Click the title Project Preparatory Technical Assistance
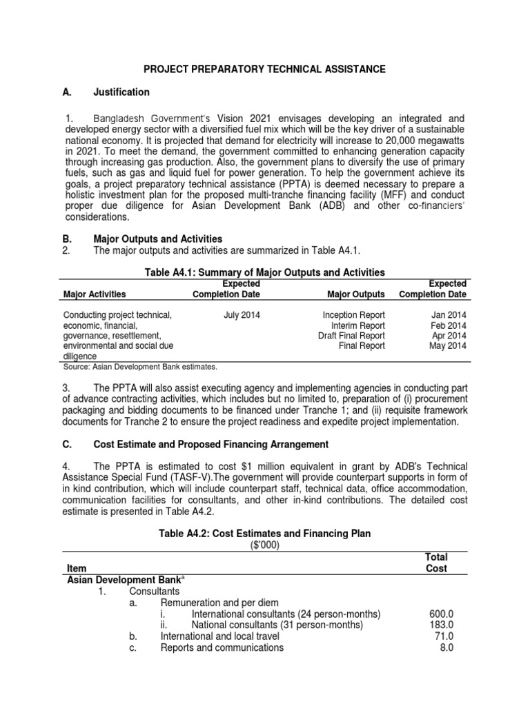point(264,70)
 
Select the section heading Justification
point(121,92)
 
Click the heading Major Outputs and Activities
point(158,239)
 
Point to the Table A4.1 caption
point(264,273)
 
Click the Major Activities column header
point(95,294)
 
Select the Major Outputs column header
point(357,294)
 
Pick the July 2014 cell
point(242,315)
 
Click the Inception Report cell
point(353,315)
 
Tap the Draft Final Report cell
point(351,336)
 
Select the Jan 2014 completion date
point(449,315)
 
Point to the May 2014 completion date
point(448,346)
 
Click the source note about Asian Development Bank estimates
point(140,367)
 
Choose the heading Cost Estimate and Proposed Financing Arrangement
point(210,444)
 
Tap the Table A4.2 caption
point(264,534)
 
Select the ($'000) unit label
point(264,545)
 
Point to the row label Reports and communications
point(222,648)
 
